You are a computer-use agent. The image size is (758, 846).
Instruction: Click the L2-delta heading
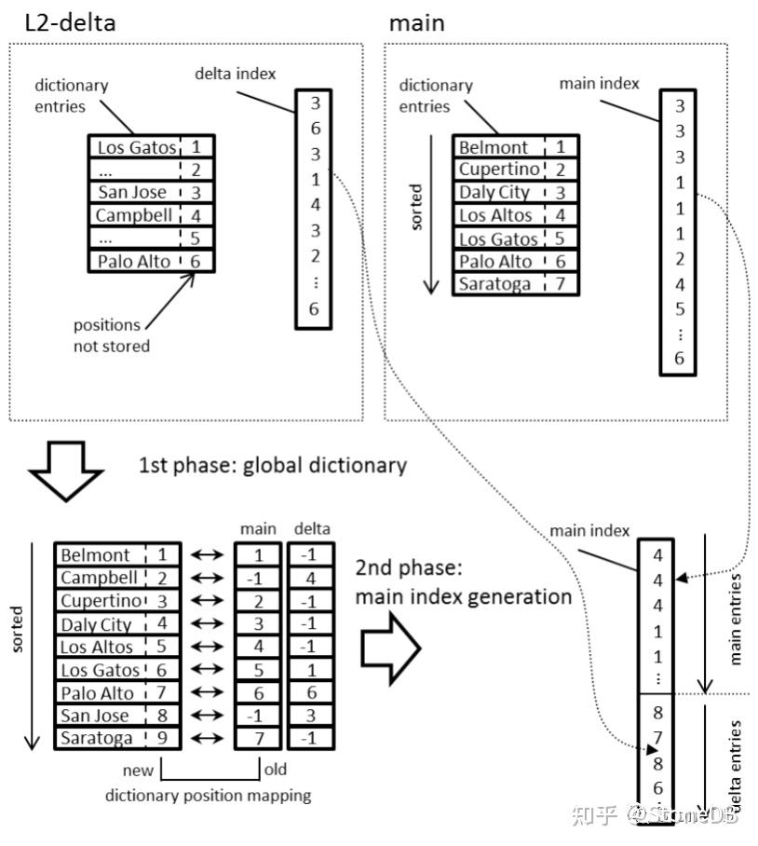point(70,23)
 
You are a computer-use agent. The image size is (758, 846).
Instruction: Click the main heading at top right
point(416,23)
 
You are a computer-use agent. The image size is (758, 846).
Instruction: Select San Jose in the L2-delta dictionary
point(131,193)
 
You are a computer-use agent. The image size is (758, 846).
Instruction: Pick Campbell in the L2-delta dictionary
point(133,215)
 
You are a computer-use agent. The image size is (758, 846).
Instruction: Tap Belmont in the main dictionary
point(494,147)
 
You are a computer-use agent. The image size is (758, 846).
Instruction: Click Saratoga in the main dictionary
point(494,284)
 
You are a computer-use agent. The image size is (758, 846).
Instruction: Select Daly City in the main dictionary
point(494,193)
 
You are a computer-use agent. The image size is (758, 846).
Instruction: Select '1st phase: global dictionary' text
point(273,465)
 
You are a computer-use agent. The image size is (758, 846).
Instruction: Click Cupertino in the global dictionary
point(102,601)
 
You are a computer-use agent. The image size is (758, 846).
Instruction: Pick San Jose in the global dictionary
point(95,716)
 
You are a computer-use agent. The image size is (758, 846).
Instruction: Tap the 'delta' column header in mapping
point(310,529)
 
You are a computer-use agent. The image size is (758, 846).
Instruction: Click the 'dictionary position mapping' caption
point(208,796)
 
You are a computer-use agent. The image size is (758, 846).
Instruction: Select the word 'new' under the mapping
point(138,771)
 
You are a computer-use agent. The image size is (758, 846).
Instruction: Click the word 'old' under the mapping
point(277,771)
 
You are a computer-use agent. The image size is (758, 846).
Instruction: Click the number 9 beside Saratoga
point(162,739)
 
